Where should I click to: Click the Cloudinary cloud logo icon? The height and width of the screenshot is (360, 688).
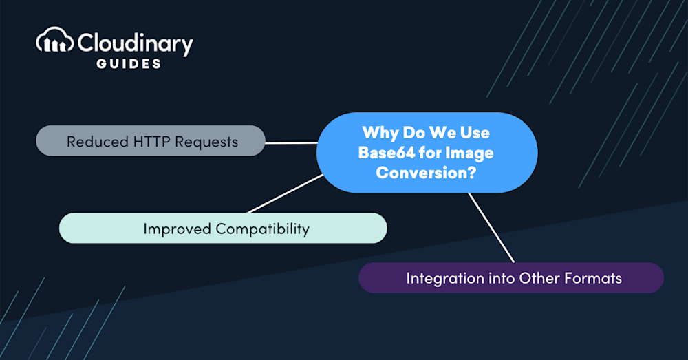coord(54,41)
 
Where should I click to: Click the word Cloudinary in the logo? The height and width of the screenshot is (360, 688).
coord(135,44)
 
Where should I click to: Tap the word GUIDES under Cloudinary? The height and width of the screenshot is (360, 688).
coord(129,63)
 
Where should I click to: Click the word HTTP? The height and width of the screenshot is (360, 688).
coord(151,142)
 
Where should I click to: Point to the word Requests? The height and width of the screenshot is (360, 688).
coord(206,142)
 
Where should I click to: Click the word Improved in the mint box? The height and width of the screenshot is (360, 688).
coord(177,229)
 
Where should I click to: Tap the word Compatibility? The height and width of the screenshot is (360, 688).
coord(262,229)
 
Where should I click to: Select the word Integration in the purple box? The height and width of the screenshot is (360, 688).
coord(439,279)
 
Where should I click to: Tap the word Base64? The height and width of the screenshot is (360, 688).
coord(386,153)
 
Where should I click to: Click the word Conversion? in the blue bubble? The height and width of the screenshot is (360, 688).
coord(426,173)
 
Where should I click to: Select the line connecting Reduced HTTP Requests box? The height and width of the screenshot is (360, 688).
coord(291,142)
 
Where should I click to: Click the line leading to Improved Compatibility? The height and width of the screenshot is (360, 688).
coord(285,193)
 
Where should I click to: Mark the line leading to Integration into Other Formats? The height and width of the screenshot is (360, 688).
coord(491,227)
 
